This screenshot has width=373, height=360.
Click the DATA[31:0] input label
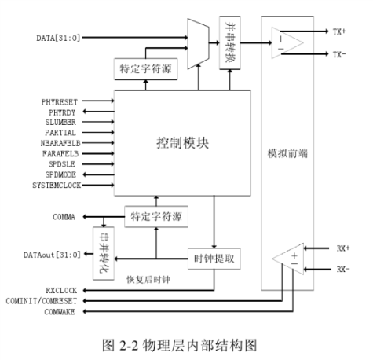pyautogui.click(x=60, y=38)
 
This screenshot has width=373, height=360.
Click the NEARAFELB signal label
pyautogui.click(x=60, y=144)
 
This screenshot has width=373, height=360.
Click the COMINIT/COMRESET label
pyautogui.click(x=45, y=300)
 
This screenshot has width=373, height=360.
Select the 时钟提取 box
pyautogui.click(x=211, y=257)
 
